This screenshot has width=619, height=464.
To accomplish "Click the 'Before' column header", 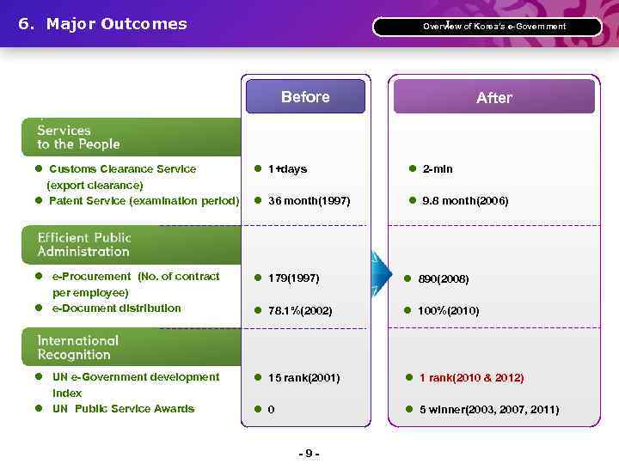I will point(305,97).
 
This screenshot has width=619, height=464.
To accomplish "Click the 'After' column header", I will point(493,98).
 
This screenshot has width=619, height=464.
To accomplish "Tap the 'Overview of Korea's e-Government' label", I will point(493,27).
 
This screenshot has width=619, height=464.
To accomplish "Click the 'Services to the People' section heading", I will point(78,137).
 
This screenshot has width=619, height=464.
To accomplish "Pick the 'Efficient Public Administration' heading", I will point(83,245).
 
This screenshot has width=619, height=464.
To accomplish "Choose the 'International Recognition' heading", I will point(77,347).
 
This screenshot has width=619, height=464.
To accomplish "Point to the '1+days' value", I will point(287,169).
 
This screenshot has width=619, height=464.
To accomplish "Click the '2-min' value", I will point(438,169).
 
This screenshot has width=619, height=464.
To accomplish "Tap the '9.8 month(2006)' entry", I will point(465,201).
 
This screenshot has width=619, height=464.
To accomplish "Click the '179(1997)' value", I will point(293,278).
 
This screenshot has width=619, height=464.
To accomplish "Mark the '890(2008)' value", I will point(444,279).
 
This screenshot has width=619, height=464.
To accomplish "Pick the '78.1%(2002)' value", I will point(300,310).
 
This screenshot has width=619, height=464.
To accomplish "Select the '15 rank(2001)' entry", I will point(303,378).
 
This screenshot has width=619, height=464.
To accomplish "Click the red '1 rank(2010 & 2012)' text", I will point(471,378).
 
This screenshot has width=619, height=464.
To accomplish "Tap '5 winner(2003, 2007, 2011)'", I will point(488,410).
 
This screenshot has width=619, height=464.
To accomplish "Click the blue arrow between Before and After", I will point(379,274).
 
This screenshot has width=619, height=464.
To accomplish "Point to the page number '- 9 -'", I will point(309,453).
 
